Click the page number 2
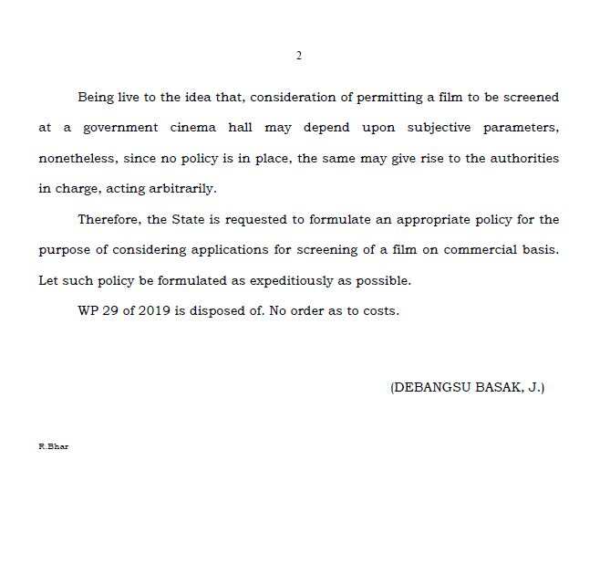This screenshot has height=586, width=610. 299,56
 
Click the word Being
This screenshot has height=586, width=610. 97,97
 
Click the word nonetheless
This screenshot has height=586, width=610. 78,158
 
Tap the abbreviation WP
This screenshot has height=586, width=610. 88,310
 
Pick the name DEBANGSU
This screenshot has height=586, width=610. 432,387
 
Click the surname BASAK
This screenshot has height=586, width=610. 500,387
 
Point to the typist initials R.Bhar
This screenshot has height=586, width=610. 53,446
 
